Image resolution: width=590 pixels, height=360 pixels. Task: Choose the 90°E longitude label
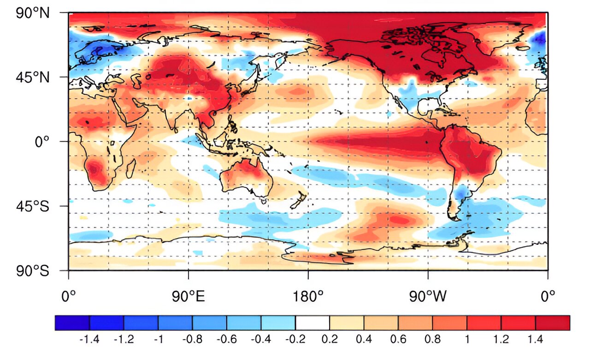pos(188,296)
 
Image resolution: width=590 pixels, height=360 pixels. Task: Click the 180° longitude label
pos(308,296)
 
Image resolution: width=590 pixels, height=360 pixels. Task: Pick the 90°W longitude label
pos(428,296)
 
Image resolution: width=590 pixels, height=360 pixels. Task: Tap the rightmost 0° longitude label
pos(548,296)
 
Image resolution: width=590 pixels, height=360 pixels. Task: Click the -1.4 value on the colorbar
pos(89,340)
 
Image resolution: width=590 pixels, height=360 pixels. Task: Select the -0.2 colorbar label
pos(295,340)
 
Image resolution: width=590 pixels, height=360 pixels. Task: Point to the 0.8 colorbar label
pos(432,340)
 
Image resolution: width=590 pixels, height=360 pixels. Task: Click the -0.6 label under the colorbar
pos(227,340)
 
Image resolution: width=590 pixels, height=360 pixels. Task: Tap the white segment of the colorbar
pos(313,323)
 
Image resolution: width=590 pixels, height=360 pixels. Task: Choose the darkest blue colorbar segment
pos(72,323)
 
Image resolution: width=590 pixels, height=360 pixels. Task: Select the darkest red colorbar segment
pos(553,323)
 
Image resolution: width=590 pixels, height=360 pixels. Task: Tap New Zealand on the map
pos(300,201)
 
